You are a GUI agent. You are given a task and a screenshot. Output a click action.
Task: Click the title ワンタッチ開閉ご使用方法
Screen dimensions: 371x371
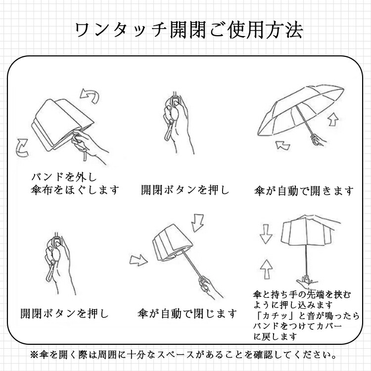tap(189, 30)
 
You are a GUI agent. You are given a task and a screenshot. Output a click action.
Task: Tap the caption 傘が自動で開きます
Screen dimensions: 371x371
tap(304, 191)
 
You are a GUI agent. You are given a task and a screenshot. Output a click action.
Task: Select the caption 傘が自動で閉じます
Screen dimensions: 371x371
tap(187, 314)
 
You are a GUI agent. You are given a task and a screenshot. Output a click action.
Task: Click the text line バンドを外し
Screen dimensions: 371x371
tap(64, 177)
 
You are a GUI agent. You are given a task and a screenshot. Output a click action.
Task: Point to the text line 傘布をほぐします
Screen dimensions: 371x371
tap(75, 190)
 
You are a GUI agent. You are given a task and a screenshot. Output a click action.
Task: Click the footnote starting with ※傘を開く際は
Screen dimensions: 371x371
tap(183, 355)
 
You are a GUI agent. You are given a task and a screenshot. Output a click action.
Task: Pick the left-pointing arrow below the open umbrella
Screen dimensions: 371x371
tap(283, 145)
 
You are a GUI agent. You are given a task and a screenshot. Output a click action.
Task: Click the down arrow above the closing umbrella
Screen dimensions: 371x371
tap(197, 223)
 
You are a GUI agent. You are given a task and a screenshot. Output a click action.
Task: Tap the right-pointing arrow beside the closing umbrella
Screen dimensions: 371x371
tap(139, 260)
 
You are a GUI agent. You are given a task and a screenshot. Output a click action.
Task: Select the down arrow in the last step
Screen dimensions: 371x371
tap(266, 234)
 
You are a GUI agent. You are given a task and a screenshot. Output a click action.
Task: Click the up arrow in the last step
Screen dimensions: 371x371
tap(266, 269)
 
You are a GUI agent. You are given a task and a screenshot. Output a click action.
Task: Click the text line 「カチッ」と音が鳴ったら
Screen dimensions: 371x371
tap(307, 316)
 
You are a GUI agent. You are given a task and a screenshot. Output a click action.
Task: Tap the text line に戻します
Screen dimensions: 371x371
tap(275, 336)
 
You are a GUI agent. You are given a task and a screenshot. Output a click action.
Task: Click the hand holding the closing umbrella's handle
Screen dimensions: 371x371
tap(209, 287)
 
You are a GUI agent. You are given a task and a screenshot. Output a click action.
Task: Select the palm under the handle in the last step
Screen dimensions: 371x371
tap(306, 282)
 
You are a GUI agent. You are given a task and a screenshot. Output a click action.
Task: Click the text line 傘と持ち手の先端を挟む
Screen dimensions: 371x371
tap(302, 295)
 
